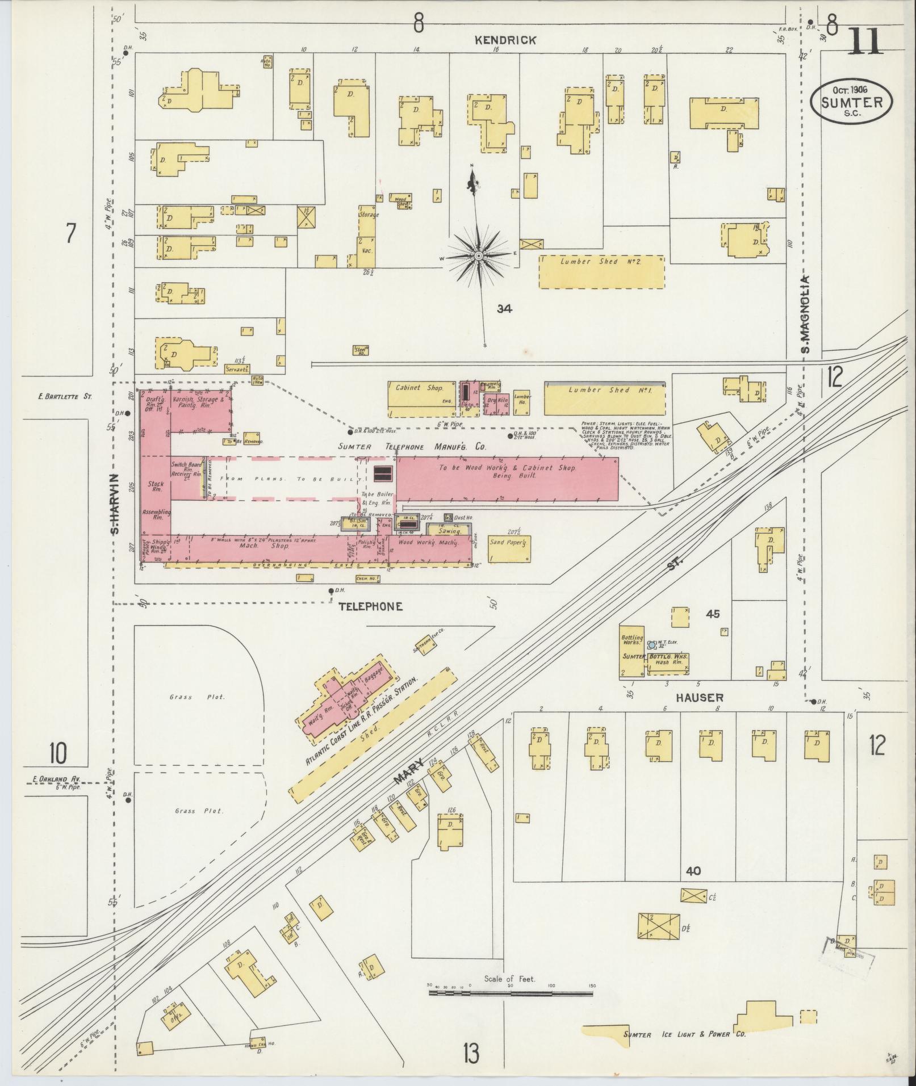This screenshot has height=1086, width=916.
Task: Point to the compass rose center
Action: (x=479, y=257)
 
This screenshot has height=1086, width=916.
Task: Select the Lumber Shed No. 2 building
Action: (x=601, y=272)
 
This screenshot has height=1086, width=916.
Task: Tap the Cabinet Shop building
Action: (x=421, y=398)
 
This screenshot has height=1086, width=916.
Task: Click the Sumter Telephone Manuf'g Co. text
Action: (x=412, y=447)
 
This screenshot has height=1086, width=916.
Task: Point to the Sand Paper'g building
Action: (x=509, y=548)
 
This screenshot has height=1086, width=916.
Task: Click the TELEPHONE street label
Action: (x=370, y=606)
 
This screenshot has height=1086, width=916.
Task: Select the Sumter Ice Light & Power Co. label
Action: (x=683, y=1034)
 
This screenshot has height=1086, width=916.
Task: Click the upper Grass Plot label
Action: (x=198, y=697)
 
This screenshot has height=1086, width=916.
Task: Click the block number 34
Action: (x=504, y=309)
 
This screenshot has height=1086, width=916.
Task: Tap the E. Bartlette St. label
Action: (x=64, y=396)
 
